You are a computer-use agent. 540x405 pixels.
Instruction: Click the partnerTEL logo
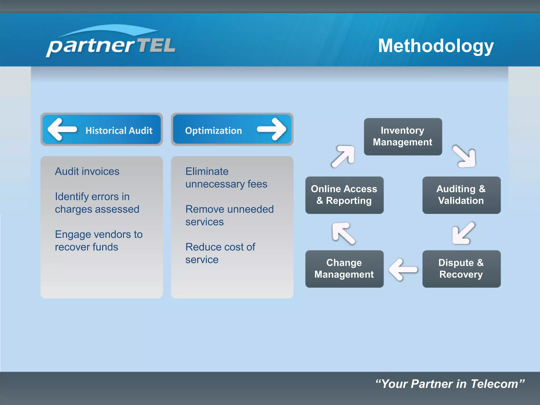[111, 42]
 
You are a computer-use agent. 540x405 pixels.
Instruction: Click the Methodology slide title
[436, 46]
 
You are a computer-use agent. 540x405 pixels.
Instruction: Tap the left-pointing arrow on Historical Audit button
[62, 129]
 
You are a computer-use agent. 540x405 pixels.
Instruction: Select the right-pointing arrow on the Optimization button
[272, 129]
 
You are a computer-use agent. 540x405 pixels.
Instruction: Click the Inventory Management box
[403, 136]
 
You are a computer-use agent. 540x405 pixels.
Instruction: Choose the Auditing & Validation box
[461, 195]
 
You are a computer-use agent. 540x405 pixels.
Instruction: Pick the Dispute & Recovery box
[461, 269]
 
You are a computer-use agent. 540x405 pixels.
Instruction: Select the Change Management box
[344, 269]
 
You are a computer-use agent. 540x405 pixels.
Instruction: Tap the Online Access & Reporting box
[344, 195]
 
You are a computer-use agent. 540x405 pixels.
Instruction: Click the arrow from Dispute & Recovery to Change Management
[403, 269]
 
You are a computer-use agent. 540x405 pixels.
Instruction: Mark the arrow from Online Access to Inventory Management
[343, 156]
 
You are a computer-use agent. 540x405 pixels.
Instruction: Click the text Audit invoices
[87, 171]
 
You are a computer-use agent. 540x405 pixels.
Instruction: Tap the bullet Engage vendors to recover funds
[99, 240]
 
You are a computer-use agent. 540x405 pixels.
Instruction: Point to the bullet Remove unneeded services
[229, 215]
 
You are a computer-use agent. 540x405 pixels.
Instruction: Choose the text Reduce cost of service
[220, 253]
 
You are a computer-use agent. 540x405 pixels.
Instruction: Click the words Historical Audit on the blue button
[119, 131]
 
